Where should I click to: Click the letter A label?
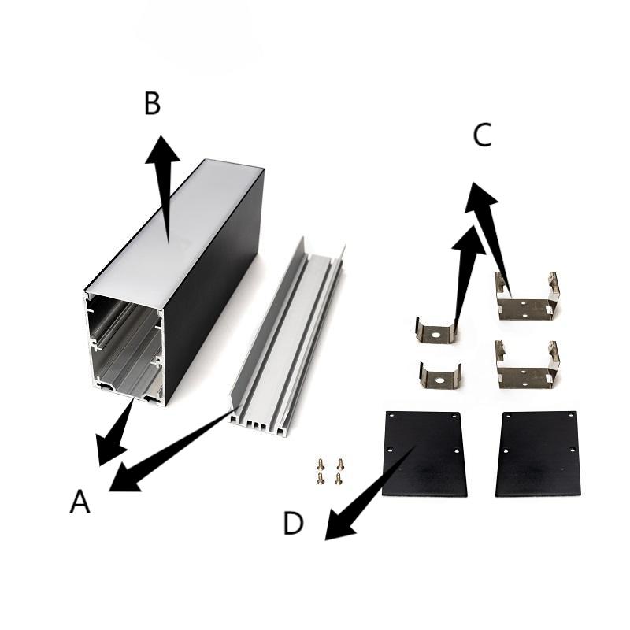pyautogui.click(x=80, y=502)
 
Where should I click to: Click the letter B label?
pyautogui.click(x=152, y=103)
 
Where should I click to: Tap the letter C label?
pyautogui.click(x=482, y=135)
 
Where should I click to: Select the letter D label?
pyautogui.click(x=293, y=523)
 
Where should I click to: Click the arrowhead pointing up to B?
pyautogui.click(x=162, y=150)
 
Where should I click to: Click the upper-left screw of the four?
pyautogui.click(x=321, y=464)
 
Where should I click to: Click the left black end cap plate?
pyautogui.click(x=424, y=454)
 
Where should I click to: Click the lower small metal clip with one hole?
pyautogui.click(x=440, y=376)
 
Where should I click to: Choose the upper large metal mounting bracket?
pyautogui.click(x=527, y=298)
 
